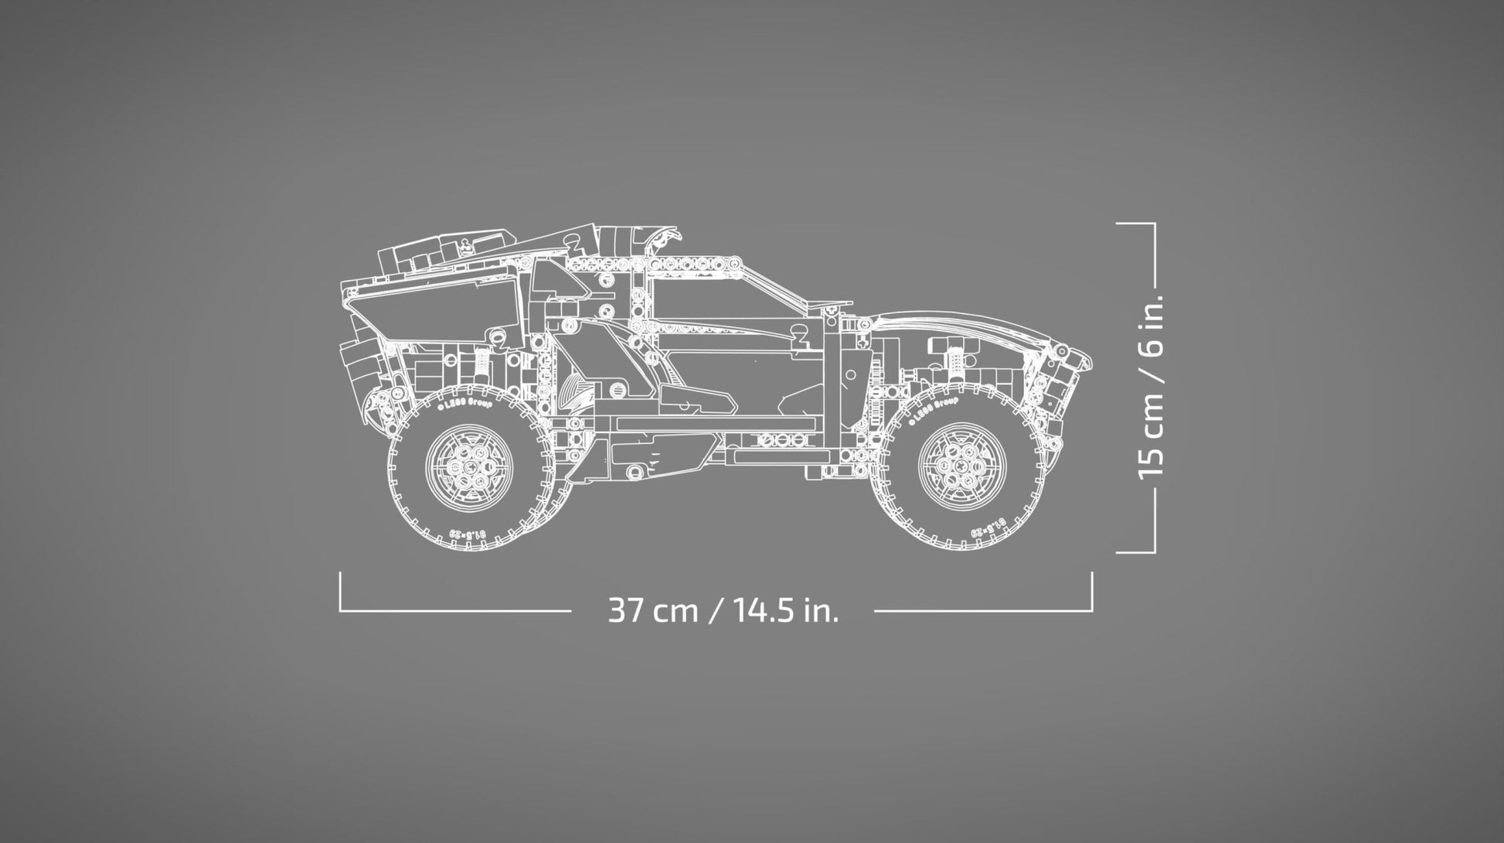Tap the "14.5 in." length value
(x=786, y=611)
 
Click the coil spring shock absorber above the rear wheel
(x=482, y=360)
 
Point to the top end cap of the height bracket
(x=1136, y=224)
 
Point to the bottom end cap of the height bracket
(x=1136, y=552)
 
